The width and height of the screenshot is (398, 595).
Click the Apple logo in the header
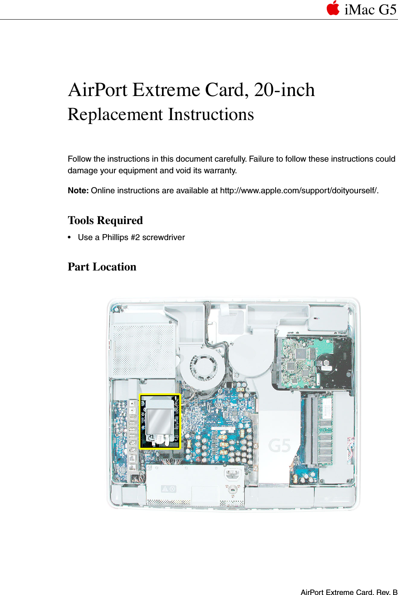[333, 8]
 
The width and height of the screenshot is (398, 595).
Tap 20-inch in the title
[284, 90]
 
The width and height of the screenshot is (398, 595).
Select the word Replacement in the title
[116, 114]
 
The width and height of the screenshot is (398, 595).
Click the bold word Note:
[78, 190]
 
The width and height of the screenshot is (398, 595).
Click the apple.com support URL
[298, 190]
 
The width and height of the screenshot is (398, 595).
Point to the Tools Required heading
[105, 220]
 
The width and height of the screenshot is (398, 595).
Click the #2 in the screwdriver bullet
[135, 237]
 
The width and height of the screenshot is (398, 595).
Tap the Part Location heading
[102, 267]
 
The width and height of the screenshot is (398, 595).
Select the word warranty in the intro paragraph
[220, 170]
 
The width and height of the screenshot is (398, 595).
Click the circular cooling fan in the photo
[204, 367]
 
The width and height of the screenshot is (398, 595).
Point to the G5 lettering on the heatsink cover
[279, 445]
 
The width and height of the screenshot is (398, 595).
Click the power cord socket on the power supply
[233, 475]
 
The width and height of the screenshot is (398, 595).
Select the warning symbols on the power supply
[168, 489]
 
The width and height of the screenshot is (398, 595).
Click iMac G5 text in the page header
[370, 10]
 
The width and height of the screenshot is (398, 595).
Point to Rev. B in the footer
[387, 592]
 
